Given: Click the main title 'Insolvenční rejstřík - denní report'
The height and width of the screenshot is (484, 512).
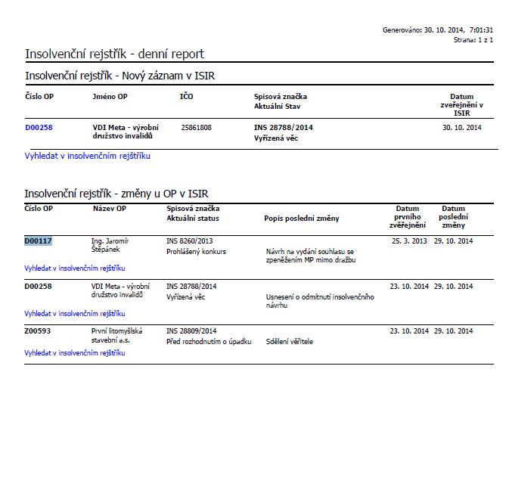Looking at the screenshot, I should (114, 54).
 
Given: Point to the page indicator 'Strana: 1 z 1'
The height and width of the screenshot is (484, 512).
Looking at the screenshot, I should (473, 39).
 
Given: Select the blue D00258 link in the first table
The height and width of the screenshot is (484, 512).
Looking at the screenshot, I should (39, 128).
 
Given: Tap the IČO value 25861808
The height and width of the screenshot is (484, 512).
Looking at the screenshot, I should (197, 128).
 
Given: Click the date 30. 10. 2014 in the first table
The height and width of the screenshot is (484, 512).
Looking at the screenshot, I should (461, 128).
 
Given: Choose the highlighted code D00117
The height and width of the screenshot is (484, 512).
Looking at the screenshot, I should (38, 241).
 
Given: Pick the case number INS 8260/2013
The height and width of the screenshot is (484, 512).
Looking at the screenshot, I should (190, 241).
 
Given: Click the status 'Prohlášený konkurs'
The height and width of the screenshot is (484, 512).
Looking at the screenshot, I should (196, 252).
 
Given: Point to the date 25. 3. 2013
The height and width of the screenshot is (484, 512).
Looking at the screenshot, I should (409, 241).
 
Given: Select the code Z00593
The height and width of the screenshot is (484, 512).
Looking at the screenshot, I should (38, 331).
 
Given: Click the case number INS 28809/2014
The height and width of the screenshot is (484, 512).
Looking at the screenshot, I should (191, 331).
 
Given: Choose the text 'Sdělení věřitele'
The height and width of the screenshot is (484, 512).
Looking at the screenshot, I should (290, 342).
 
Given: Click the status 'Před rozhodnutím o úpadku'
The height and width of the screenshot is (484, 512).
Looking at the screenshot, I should (209, 342).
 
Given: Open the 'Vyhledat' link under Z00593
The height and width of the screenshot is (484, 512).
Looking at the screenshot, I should (74, 352).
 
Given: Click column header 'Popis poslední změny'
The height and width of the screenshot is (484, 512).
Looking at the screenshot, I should (301, 219).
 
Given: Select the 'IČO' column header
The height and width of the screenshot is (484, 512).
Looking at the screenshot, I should (187, 97).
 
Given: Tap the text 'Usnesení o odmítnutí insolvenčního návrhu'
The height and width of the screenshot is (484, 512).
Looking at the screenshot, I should (320, 301).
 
